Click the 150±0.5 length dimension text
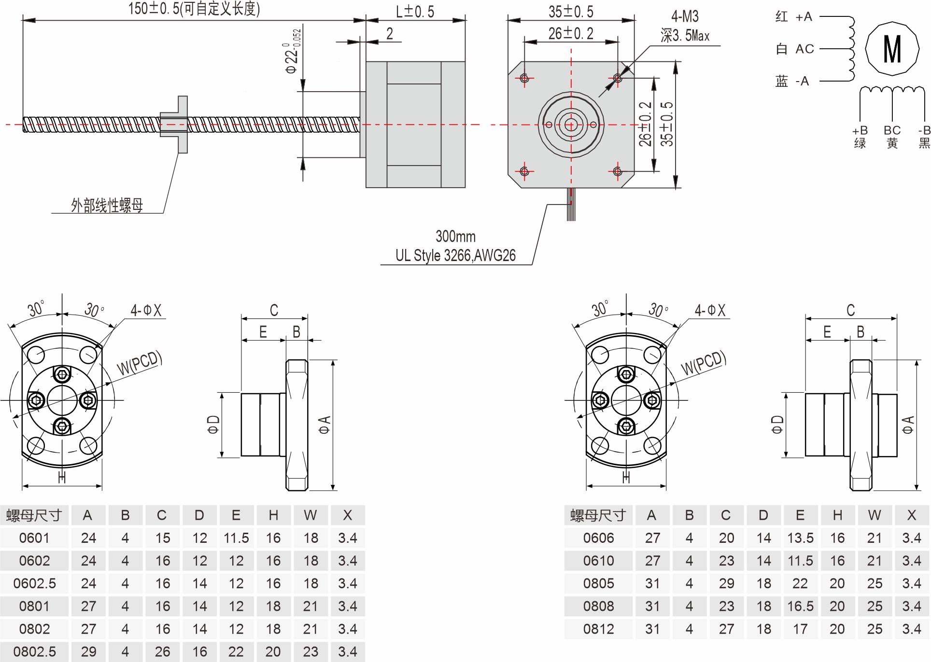pyautogui.click(x=194, y=9)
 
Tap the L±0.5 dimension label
pyautogui.click(x=415, y=12)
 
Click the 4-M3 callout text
pyautogui.click(x=685, y=17)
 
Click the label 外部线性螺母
pyautogui.click(x=107, y=206)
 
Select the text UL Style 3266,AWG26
pyautogui.click(x=455, y=255)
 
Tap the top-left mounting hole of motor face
pyautogui.click(x=524, y=78)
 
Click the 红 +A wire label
pyautogui.click(x=794, y=17)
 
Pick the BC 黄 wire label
pyautogui.click(x=892, y=137)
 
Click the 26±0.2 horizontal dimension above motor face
pyautogui.click(x=570, y=33)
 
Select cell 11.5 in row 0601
pyautogui.click(x=236, y=538)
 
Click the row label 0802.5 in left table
pyautogui.click(x=34, y=652)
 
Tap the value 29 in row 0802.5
pyautogui.click(x=88, y=652)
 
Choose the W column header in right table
pyautogui.click(x=874, y=515)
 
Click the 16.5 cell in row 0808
pyautogui.click(x=800, y=606)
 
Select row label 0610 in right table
pyautogui.click(x=598, y=561)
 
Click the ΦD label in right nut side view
pyautogui.click(x=777, y=425)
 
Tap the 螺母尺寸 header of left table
pyautogui.click(x=34, y=515)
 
